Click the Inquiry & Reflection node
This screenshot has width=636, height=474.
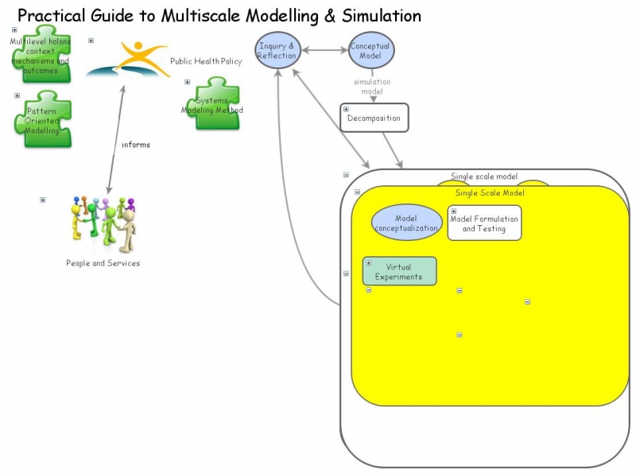click(x=277, y=51)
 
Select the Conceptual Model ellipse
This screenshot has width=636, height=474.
click(x=370, y=51)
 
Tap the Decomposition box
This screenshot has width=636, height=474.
click(x=374, y=118)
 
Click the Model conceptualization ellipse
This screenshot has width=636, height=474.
click(x=406, y=223)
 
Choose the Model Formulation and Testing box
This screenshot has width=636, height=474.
click(x=484, y=223)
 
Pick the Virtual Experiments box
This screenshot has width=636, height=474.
click(x=399, y=271)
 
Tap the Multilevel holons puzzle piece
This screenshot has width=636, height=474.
click(x=40, y=56)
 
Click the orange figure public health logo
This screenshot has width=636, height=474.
click(x=129, y=60)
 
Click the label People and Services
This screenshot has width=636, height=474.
click(x=103, y=263)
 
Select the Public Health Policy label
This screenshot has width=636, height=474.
click(x=206, y=61)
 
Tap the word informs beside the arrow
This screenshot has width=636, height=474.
click(x=136, y=145)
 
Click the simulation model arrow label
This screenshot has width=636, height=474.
click(x=372, y=86)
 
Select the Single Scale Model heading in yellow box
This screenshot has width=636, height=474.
click(x=490, y=193)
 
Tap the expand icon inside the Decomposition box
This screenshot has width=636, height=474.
click(x=346, y=110)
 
